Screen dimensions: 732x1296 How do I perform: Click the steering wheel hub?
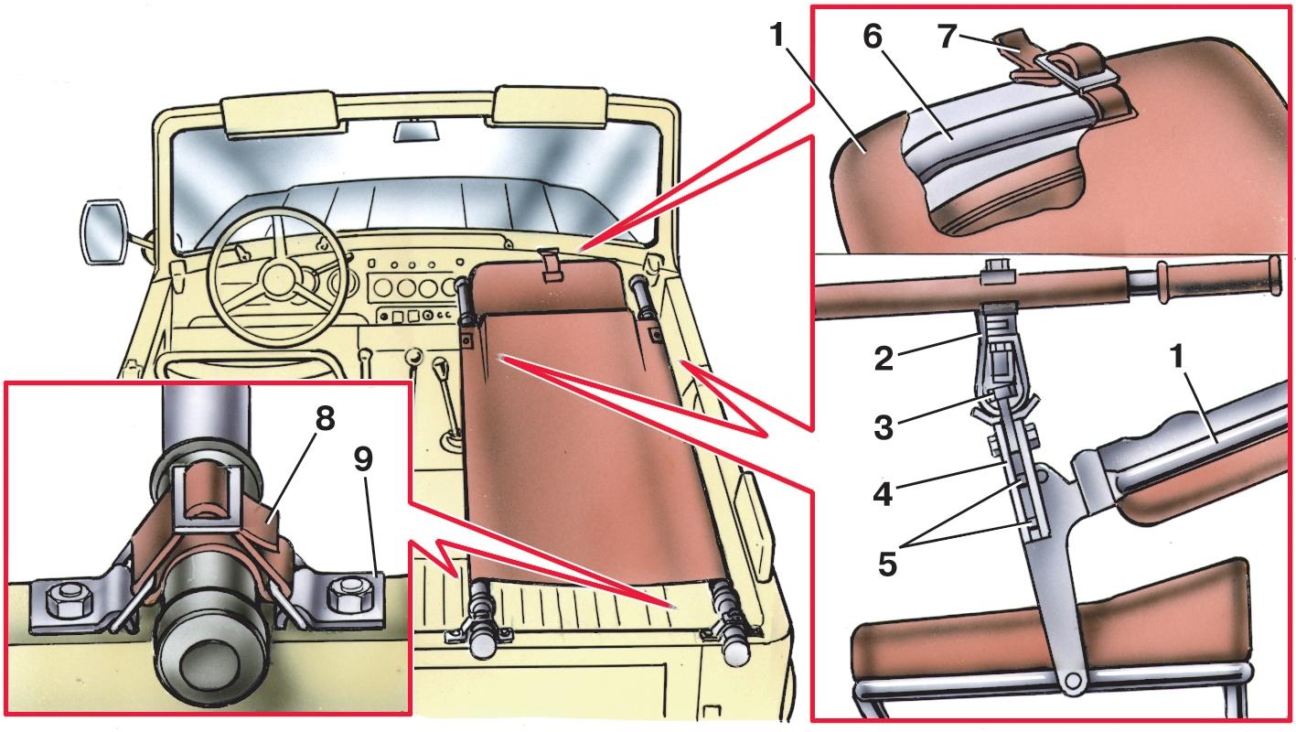coord(277,275)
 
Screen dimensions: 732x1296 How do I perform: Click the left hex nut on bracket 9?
coord(67,600)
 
